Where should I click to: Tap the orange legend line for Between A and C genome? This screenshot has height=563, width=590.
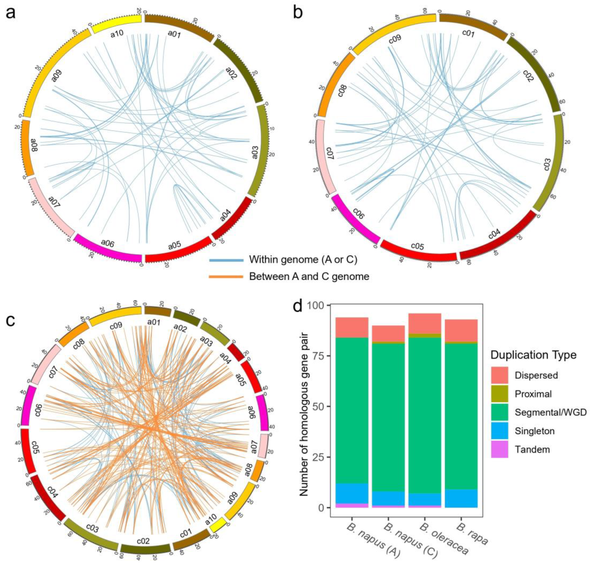(226, 276)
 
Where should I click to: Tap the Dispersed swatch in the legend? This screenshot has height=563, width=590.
(499, 375)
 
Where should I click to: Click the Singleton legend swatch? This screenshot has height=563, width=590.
(499, 431)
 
